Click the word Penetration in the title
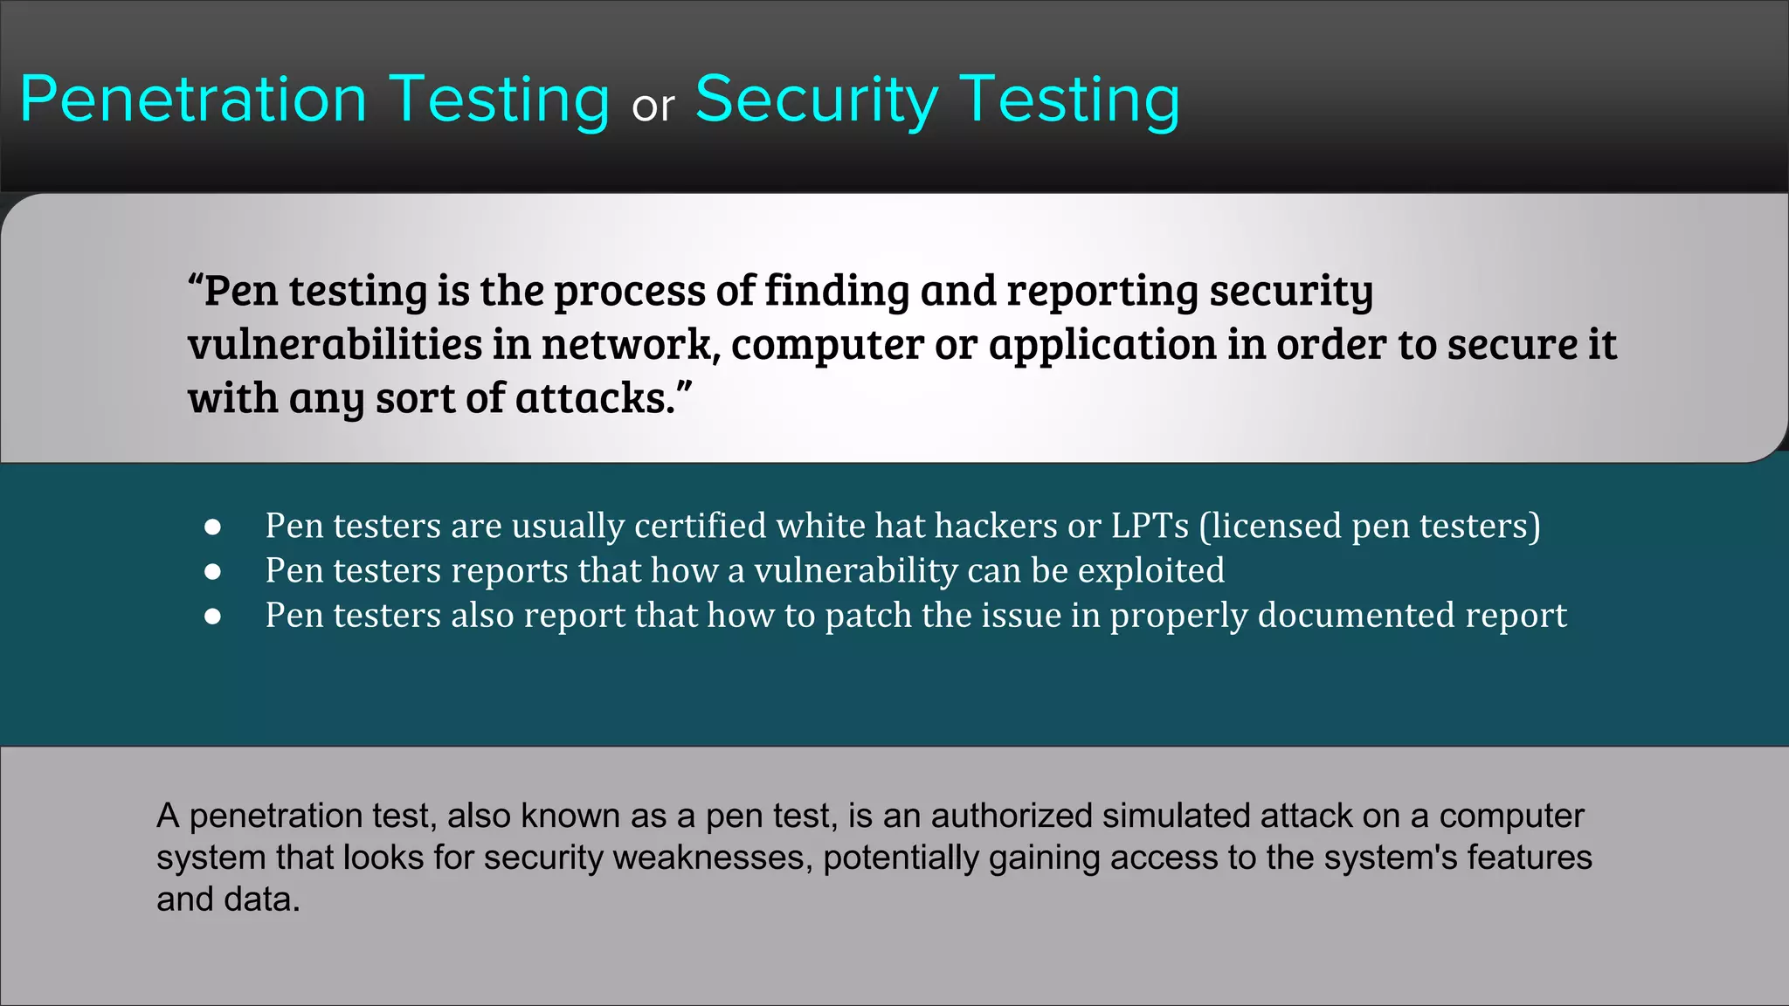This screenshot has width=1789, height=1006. (x=193, y=100)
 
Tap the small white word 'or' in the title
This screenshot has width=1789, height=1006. (x=653, y=107)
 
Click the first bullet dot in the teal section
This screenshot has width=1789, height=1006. (x=212, y=527)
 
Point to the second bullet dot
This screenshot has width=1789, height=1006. (x=212, y=572)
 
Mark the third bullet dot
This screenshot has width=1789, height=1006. (x=212, y=617)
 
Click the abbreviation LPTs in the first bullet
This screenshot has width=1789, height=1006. (x=1150, y=526)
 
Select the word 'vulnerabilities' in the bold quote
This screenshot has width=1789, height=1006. (x=335, y=343)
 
